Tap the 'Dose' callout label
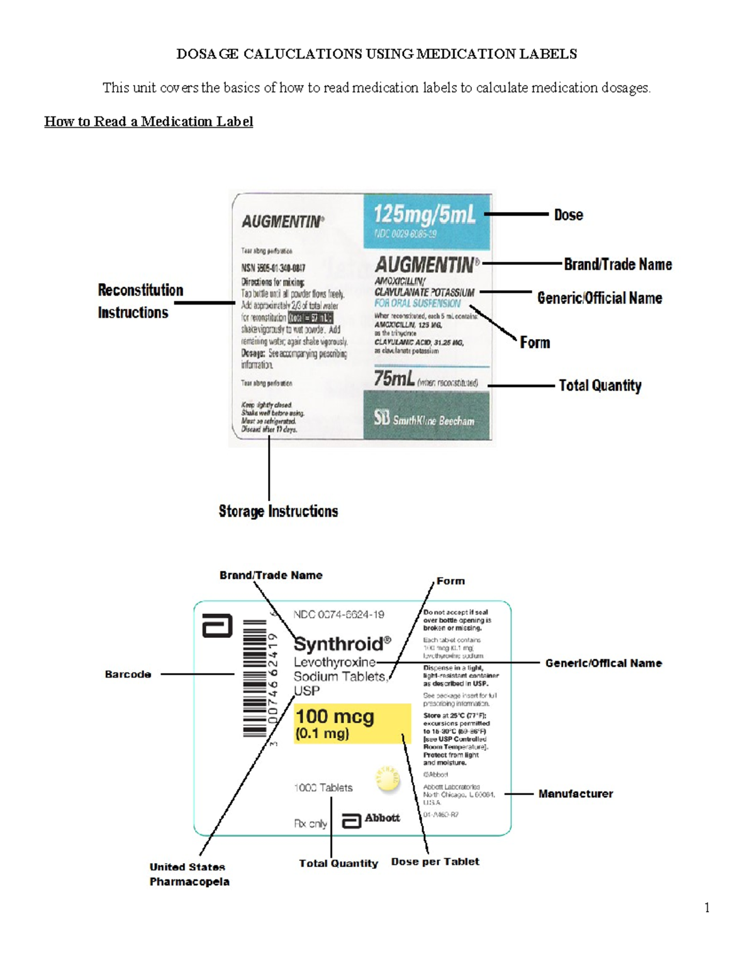coord(568,215)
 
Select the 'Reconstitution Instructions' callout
coord(140,301)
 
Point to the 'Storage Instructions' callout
coord(278,511)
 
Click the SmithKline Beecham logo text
coord(425,419)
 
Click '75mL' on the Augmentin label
coord(394,379)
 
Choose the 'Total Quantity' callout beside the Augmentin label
coord(600,386)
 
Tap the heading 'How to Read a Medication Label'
coord(148,121)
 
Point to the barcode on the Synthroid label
coord(255,678)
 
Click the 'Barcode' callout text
coord(128,674)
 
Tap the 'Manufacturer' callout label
coord(575,794)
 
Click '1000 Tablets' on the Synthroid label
coord(323,788)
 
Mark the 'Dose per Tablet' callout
coord(435,862)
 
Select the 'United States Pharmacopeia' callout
coord(189,874)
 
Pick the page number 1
coord(707,907)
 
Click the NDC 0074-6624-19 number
coord(338,615)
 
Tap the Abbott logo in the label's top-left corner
coord(217,626)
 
